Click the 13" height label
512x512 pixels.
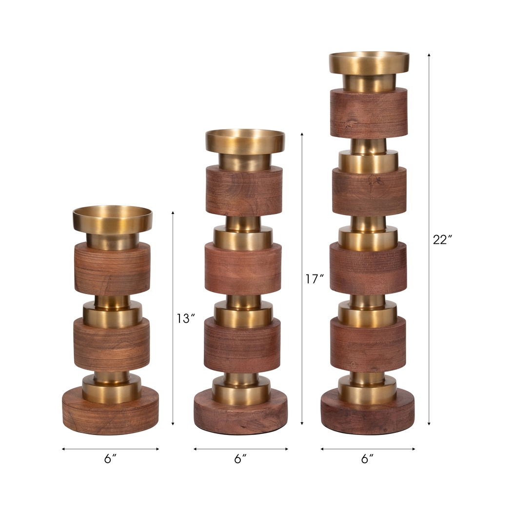coord(186,318)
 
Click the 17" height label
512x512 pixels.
coord(315,279)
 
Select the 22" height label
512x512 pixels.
coord(443,239)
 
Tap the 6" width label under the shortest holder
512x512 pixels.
coord(111,459)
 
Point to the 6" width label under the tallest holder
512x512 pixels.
coord(368,459)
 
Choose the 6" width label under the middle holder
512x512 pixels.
coord(240,459)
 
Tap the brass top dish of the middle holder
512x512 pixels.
coord(245,141)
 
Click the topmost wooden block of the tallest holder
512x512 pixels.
coord(369,113)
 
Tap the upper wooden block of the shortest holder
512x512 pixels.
coord(112,269)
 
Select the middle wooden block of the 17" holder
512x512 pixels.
coord(243,269)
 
